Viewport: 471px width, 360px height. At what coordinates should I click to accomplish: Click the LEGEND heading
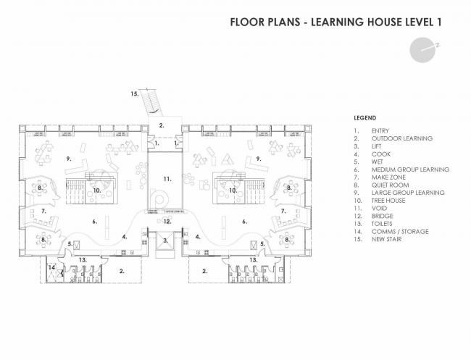(x=364, y=117)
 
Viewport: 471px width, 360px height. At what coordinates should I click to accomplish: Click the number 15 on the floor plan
(x=134, y=93)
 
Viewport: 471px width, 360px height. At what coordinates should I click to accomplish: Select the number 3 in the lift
(x=166, y=240)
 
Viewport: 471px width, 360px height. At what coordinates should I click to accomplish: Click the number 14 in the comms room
(x=51, y=268)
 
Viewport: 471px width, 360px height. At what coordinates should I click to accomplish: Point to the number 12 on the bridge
(x=166, y=221)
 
